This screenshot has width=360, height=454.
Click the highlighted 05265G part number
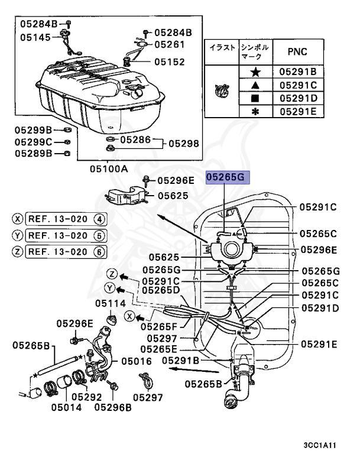click(x=228, y=177)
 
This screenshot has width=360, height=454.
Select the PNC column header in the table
click(x=297, y=51)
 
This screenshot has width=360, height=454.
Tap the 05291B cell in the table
click(x=298, y=72)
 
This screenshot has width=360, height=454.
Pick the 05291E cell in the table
click(x=298, y=111)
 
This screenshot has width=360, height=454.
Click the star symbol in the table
click(x=255, y=72)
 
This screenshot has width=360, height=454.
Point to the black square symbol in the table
click(x=255, y=98)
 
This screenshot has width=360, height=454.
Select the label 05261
click(x=169, y=44)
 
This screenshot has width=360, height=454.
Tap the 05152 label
click(x=169, y=61)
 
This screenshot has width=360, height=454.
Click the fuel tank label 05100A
click(x=109, y=168)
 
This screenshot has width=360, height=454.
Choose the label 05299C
click(x=34, y=142)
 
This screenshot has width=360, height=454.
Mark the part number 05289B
click(x=34, y=153)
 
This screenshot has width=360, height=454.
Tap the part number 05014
click(x=66, y=407)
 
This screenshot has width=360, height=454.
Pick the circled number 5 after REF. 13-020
click(x=100, y=235)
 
